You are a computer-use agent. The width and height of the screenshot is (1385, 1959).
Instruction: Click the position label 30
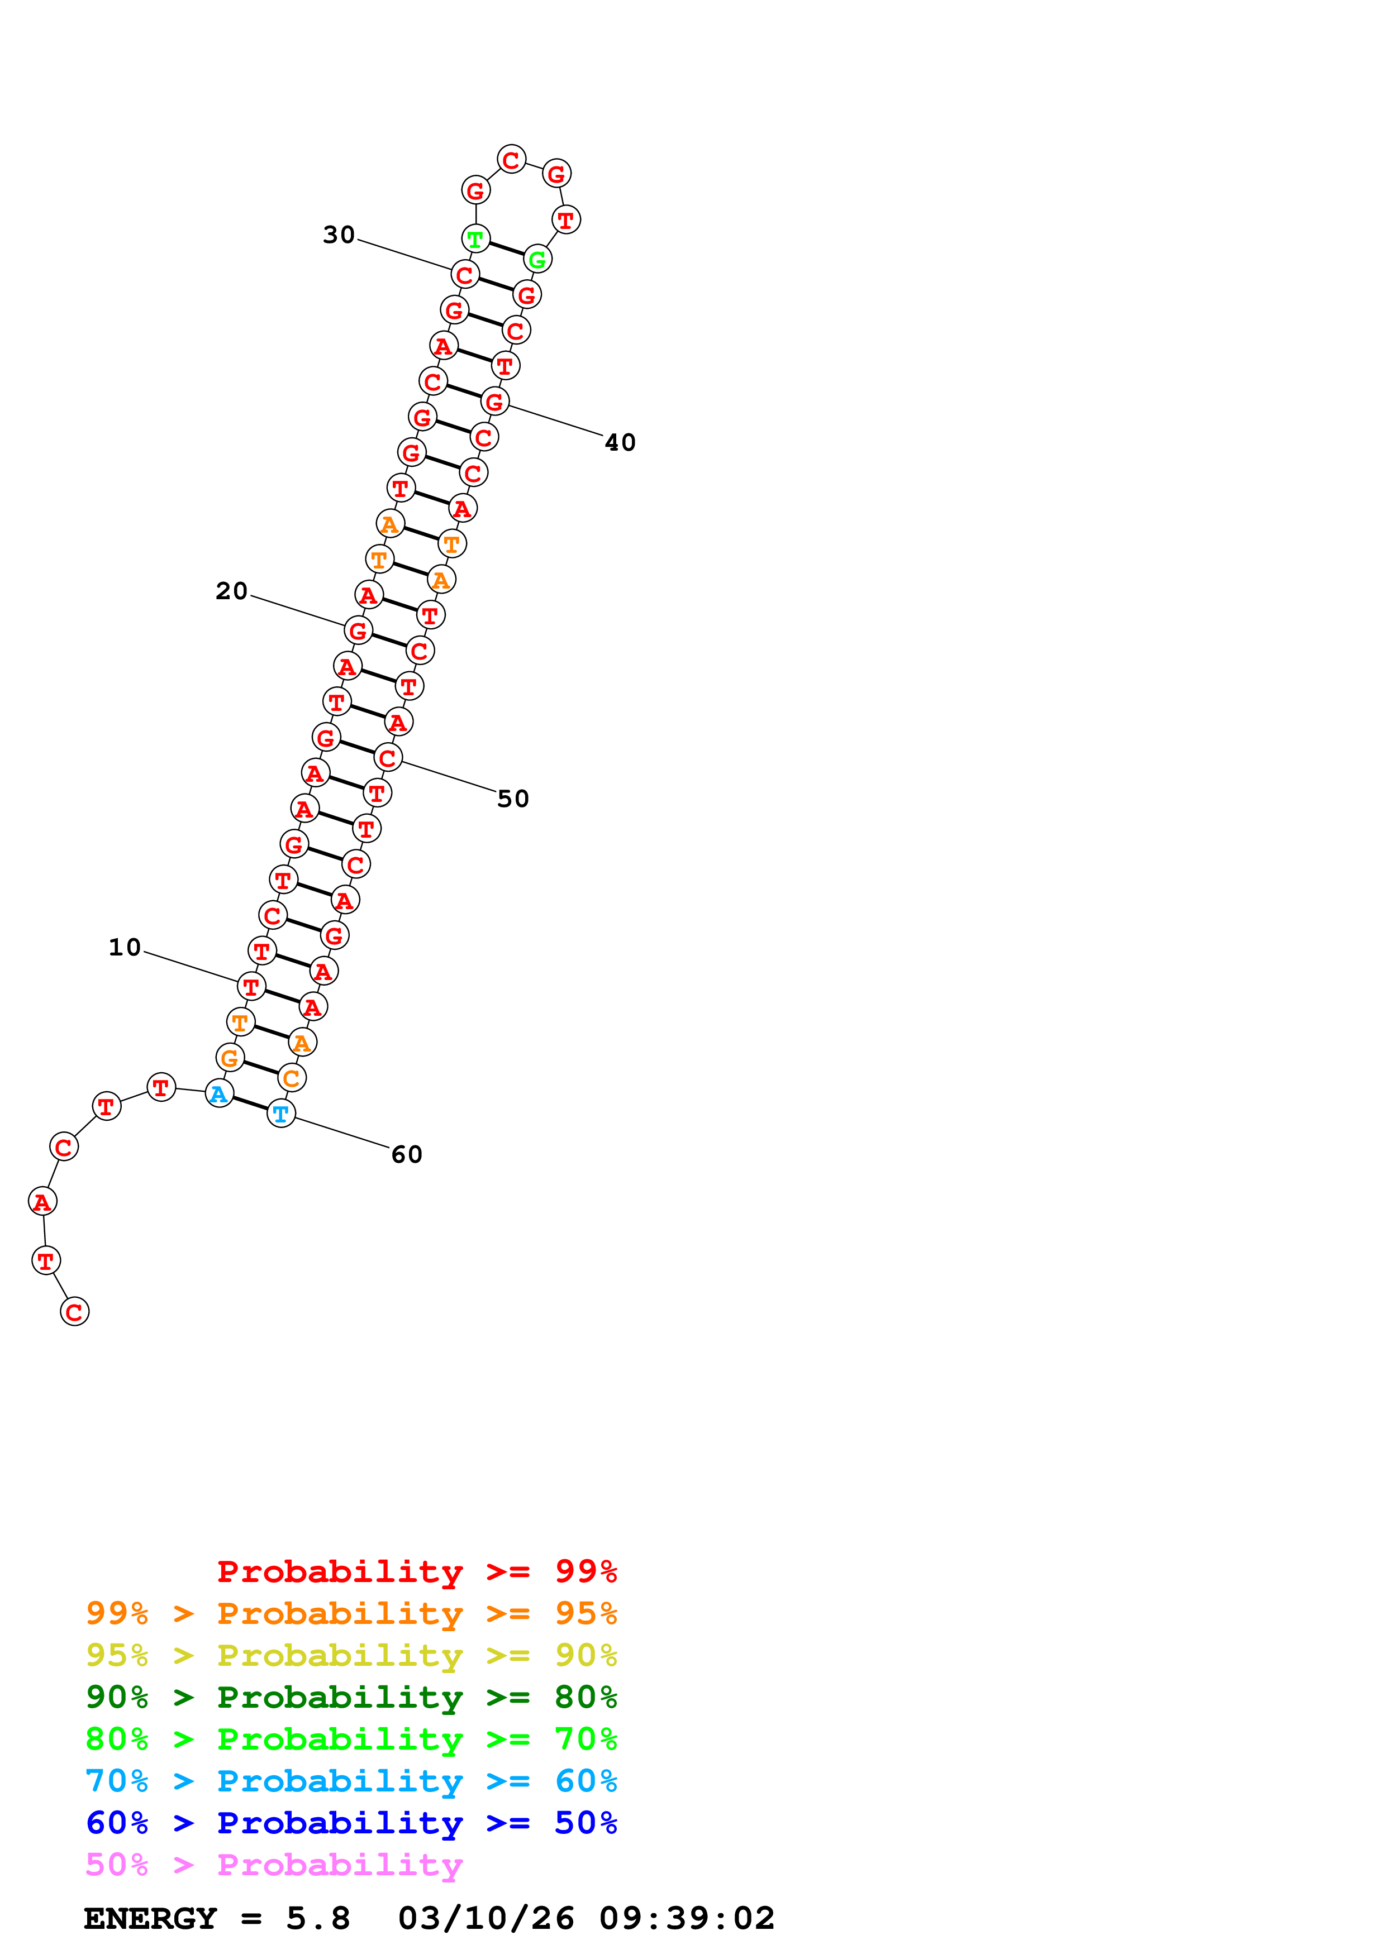point(338,235)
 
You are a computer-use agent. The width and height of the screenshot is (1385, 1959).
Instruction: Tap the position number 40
point(620,442)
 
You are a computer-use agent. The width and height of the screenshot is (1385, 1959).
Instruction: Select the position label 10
point(125,947)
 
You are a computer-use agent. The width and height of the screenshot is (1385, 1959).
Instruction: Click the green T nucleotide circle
point(475,239)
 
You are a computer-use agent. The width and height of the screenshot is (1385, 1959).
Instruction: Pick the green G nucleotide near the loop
point(537,259)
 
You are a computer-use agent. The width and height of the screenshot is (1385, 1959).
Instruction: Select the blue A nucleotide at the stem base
point(220,1094)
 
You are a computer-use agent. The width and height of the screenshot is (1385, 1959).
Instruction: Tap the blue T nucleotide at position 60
point(281,1114)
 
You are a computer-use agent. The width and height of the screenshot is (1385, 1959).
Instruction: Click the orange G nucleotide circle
point(230,1058)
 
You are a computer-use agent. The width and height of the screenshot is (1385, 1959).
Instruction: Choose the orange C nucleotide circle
point(292,1078)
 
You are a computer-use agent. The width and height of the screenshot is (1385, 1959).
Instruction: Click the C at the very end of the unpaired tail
point(74,1311)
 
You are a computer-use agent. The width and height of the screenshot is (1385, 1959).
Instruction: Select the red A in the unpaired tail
point(42,1201)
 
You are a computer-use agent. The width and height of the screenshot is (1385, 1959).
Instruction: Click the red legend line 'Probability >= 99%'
point(416,1571)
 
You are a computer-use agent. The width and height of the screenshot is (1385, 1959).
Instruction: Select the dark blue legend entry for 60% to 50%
point(351,1823)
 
